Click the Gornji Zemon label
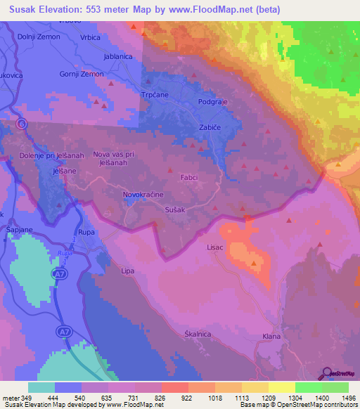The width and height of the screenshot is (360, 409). tap(82, 74)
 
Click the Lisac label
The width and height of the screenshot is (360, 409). tap(214, 247)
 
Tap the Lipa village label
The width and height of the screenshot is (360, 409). tap(127, 271)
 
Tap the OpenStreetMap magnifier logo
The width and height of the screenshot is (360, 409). tap(328, 374)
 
